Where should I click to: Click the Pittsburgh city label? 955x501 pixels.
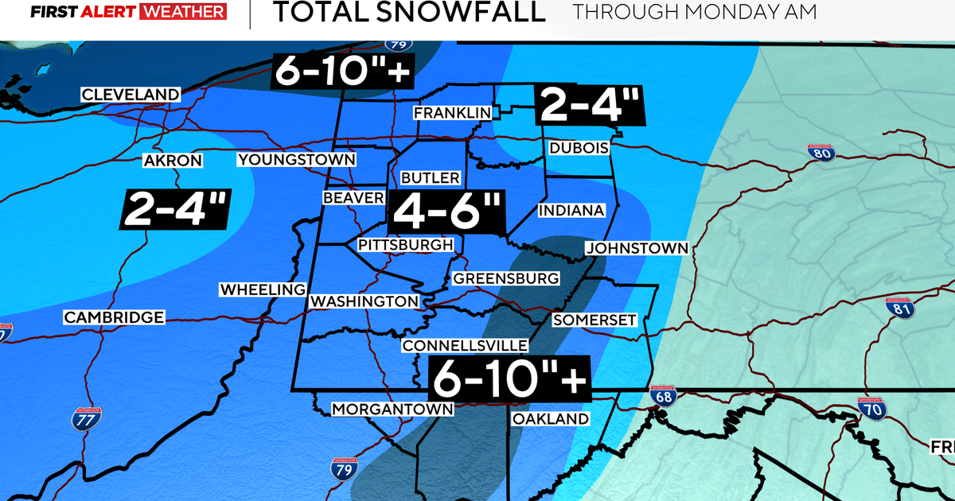click(406, 244)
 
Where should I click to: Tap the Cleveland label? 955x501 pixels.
click(131, 95)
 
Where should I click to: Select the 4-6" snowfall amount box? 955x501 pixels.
click(446, 212)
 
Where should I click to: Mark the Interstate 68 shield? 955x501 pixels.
click(657, 395)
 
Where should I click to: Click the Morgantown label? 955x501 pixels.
click(392, 409)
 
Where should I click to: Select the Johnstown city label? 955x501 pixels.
click(637, 248)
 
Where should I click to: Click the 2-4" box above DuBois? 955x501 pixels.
click(589, 105)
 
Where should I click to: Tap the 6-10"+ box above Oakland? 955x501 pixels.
click(509, 377)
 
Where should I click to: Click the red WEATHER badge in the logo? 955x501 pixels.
click(182, 13)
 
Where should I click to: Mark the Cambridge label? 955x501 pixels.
click(115, 317)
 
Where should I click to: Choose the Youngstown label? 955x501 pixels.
click(296, 160)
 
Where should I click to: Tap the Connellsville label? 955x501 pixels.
click(465, 345)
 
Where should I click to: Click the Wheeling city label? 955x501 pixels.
click(263, 289)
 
